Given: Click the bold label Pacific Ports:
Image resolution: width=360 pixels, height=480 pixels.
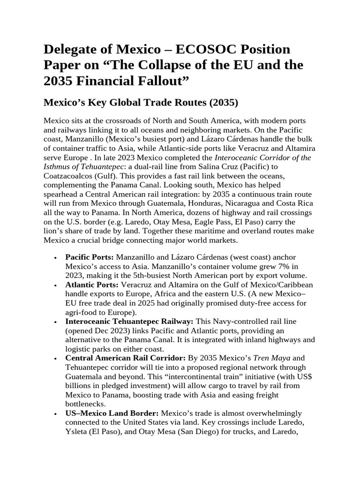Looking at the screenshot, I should click(x=90, y=257).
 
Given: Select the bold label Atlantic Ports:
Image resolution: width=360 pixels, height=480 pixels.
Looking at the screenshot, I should click(x=91, y=285).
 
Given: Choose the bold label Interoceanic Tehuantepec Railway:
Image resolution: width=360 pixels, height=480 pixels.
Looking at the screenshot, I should click(x=129, y=321).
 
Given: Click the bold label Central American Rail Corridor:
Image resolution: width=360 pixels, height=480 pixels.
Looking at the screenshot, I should click(x=125, y=358).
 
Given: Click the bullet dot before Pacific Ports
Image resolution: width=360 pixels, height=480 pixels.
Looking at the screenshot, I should click(x=56, y=258).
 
